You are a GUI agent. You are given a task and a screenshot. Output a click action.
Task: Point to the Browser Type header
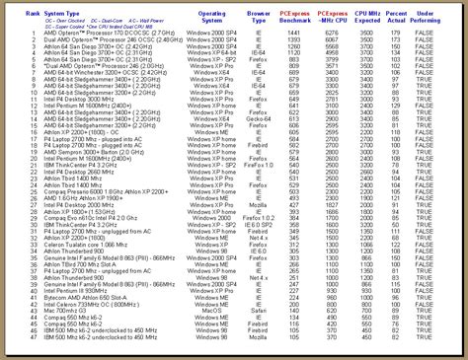[x=286, y=16]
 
